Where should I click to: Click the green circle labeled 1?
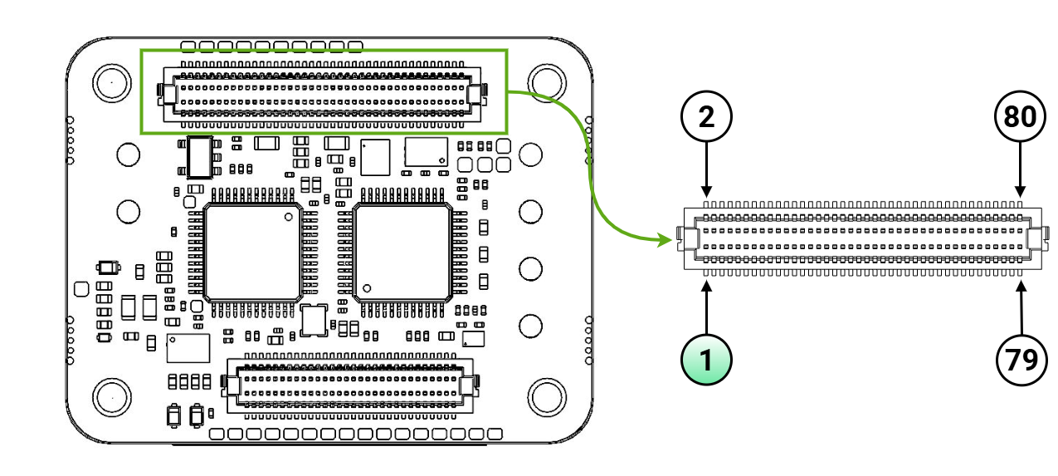tap(706, 360)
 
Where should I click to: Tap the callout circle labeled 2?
tap(706, 117)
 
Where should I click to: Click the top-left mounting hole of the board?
tap(110, 82)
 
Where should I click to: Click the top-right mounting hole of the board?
tap(546, 81)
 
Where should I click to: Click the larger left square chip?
tap(252, 252)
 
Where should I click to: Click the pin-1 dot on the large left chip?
tap(288, 217)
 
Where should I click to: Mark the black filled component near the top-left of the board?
tap(199, 158)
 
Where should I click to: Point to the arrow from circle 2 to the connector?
tap(706, 170)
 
